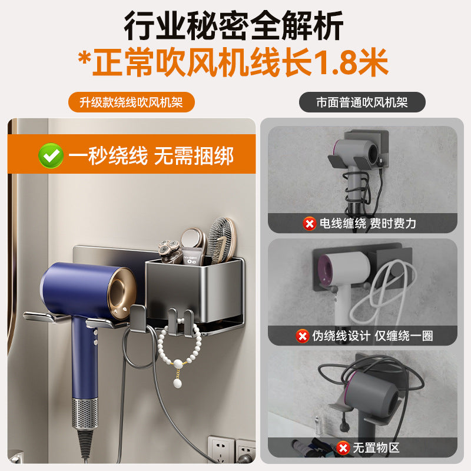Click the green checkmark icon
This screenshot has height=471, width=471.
51,155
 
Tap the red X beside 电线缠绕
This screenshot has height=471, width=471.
309,223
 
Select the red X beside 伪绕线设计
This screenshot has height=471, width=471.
302,336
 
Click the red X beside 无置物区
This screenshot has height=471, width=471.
344,447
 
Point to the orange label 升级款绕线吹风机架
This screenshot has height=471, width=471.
131,102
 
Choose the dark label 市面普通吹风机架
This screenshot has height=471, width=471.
362,102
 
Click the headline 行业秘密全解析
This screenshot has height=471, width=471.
234,26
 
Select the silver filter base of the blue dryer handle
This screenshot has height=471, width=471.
85,412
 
